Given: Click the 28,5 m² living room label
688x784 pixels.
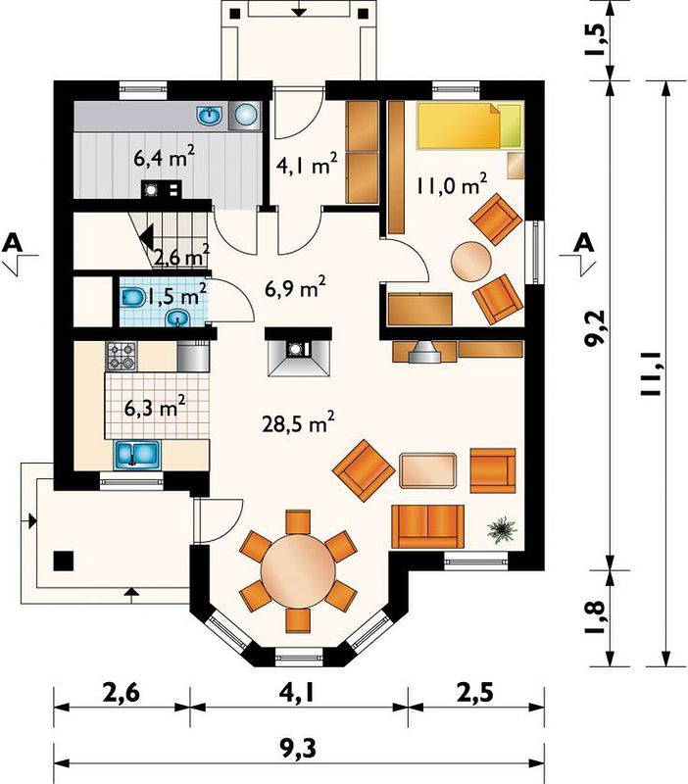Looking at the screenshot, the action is (298, 423).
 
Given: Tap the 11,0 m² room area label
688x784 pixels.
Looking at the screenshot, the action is (452, 184).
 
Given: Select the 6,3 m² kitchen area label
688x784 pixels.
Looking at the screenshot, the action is (155, 407).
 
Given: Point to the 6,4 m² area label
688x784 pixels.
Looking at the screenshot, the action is (164, 157).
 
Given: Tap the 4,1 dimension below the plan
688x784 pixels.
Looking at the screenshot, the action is (299, 694).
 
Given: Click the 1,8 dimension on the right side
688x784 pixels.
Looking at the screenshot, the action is (597, 618).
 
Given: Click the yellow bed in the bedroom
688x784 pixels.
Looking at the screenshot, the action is (470, 125).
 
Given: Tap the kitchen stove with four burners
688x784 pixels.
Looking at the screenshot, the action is (121, 356).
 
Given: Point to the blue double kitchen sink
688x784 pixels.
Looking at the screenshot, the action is (137, 455).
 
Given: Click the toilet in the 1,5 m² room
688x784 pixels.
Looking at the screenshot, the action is (132, 298).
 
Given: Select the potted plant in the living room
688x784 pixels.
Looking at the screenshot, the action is (503, 529).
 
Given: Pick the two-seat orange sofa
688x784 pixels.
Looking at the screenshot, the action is (428, 526).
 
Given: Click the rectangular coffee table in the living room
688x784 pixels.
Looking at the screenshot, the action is (428, 470).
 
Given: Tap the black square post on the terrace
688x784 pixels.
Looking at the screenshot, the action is (64, 561).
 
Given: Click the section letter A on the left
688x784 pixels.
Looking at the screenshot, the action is (14, 242).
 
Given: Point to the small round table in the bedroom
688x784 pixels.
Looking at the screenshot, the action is (471, 262).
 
